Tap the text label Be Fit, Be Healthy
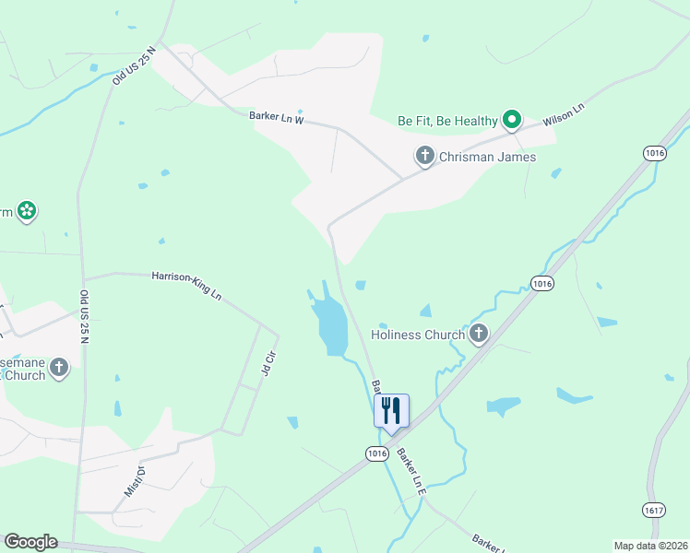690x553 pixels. (x=447, y=121)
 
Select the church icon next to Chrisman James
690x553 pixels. (x=425, y=156)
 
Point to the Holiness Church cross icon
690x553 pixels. (x=478, y=334)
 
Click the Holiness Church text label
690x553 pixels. (x=418, y=335)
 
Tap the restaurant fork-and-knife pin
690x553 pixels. (x=391, y=410)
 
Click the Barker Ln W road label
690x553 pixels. (x=276, y=118)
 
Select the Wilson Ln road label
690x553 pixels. (x=565, y=114)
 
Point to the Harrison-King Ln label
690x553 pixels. (x=187, y=285)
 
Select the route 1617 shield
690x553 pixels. (x=653, y=509)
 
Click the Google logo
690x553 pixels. (x=30, y=542)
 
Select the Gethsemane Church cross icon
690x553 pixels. (x=58, y=369)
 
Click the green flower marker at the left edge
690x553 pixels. (x=27, y=212)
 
